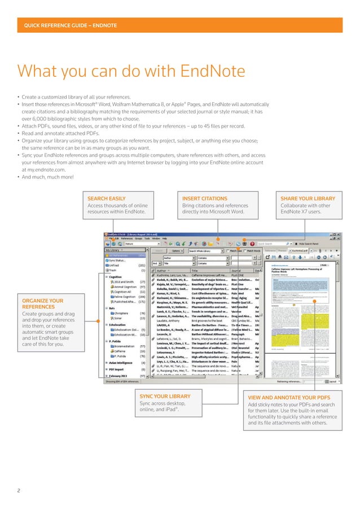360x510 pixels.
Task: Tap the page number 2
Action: tap(19, 490)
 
